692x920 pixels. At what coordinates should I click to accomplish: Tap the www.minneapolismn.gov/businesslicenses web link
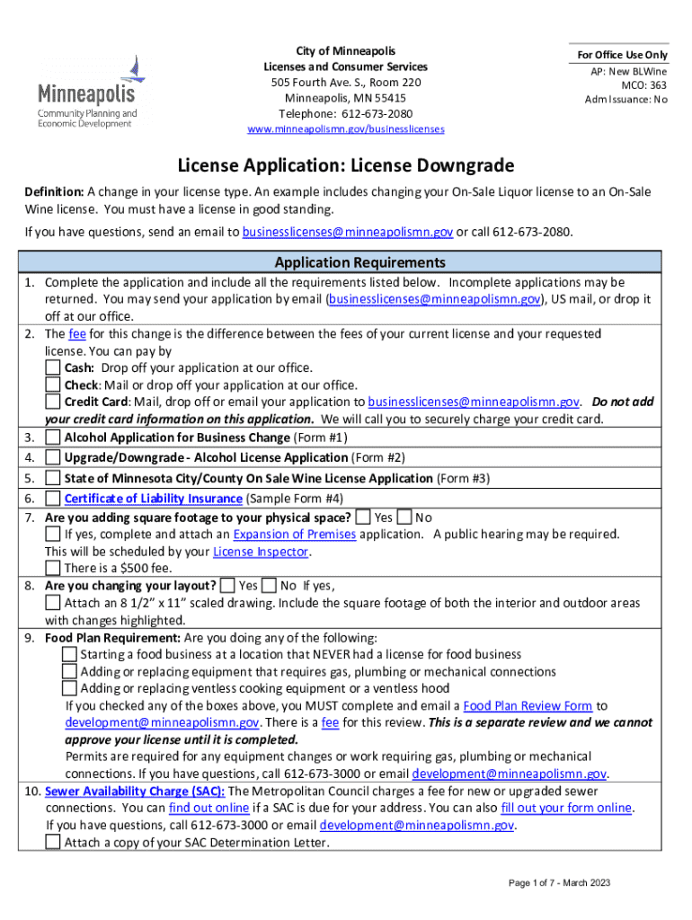point(346,129)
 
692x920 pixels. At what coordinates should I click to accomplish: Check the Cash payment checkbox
point(53,368)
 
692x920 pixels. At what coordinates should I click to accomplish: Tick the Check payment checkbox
point(53,385)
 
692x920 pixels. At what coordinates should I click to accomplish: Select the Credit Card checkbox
point(53,402)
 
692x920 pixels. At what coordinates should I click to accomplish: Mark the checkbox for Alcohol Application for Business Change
point(53,438)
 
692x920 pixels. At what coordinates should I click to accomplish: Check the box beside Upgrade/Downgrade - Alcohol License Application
point(53,458)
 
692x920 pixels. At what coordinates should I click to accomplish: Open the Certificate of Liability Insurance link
point(153,499)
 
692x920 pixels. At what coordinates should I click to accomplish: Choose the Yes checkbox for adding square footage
point(363,517)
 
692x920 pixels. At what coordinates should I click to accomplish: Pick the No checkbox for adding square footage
point(404,517)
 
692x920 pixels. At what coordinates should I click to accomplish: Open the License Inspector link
point(261,552)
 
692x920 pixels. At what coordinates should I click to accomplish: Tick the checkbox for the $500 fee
point(53,569)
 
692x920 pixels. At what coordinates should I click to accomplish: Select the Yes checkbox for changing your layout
point(227,586)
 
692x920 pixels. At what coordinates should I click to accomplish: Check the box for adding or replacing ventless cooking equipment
point(69,689)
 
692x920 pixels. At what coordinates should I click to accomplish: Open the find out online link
point(208,809)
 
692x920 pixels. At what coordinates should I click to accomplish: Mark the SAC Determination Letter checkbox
point(53,843)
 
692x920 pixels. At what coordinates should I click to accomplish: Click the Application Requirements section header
point(346,262)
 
